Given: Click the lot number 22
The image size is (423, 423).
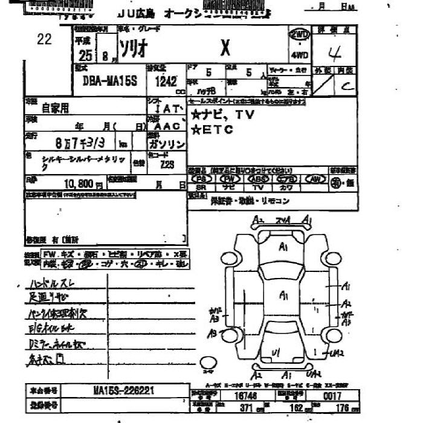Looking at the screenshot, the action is pyautogui.click(x=44, y=40).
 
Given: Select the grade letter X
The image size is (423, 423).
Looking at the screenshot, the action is pyautogui.click(x=225, y=48).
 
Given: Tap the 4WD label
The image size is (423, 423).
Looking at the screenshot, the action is pyautogui.click(x=299, y=55).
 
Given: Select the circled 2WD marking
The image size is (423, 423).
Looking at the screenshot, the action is pyautogui.click(x=299, y=35).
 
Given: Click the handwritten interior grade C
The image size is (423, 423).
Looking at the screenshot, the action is pyautogui.click(x=346, y=86).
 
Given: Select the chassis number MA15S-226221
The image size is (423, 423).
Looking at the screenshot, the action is pyautogui.click(x=124, y=391).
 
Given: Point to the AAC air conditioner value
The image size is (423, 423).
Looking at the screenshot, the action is pyautogui.click(x=167, y=128).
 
